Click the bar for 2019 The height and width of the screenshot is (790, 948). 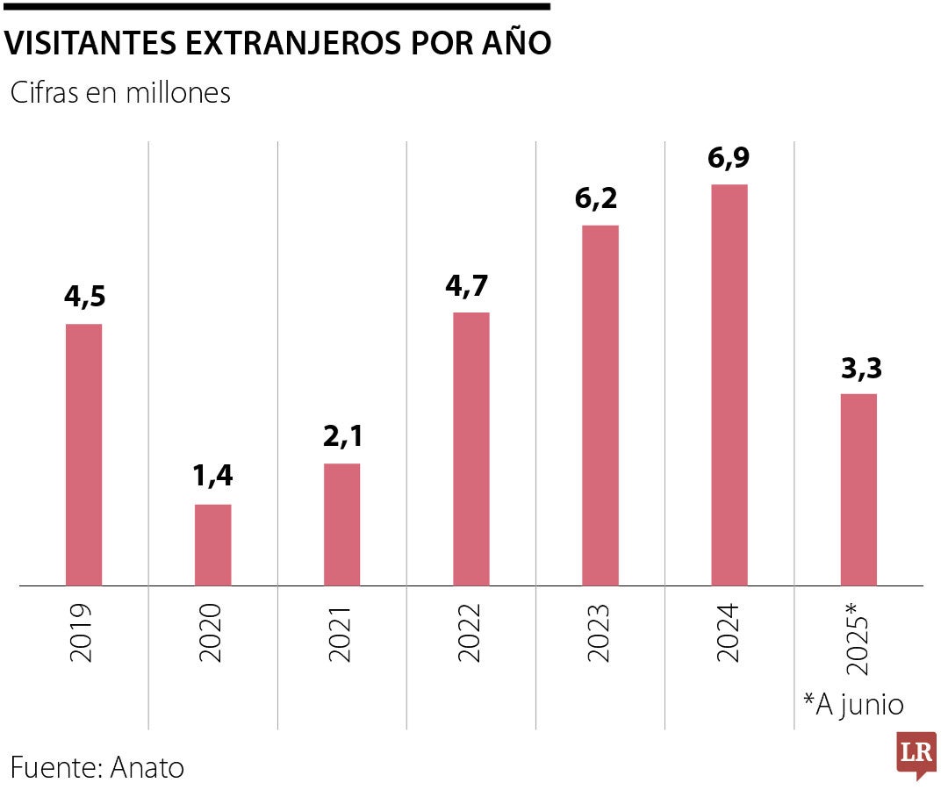[84, 455]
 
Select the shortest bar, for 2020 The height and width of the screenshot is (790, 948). [213, 545]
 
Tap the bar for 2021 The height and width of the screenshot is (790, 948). [342, 524]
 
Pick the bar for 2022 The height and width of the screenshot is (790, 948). [471, 449]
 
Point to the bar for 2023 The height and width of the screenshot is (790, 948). [600, 406]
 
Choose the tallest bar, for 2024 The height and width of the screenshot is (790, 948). [729, 384]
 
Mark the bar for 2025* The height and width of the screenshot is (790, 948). [858, 490]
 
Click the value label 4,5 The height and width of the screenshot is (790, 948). [84, 297]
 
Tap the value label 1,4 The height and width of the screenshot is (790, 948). [213, 477]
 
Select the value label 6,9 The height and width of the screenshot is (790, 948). [729, 158]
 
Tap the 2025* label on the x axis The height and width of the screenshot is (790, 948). [858, 639]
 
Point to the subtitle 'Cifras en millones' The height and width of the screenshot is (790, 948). [120, 93]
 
